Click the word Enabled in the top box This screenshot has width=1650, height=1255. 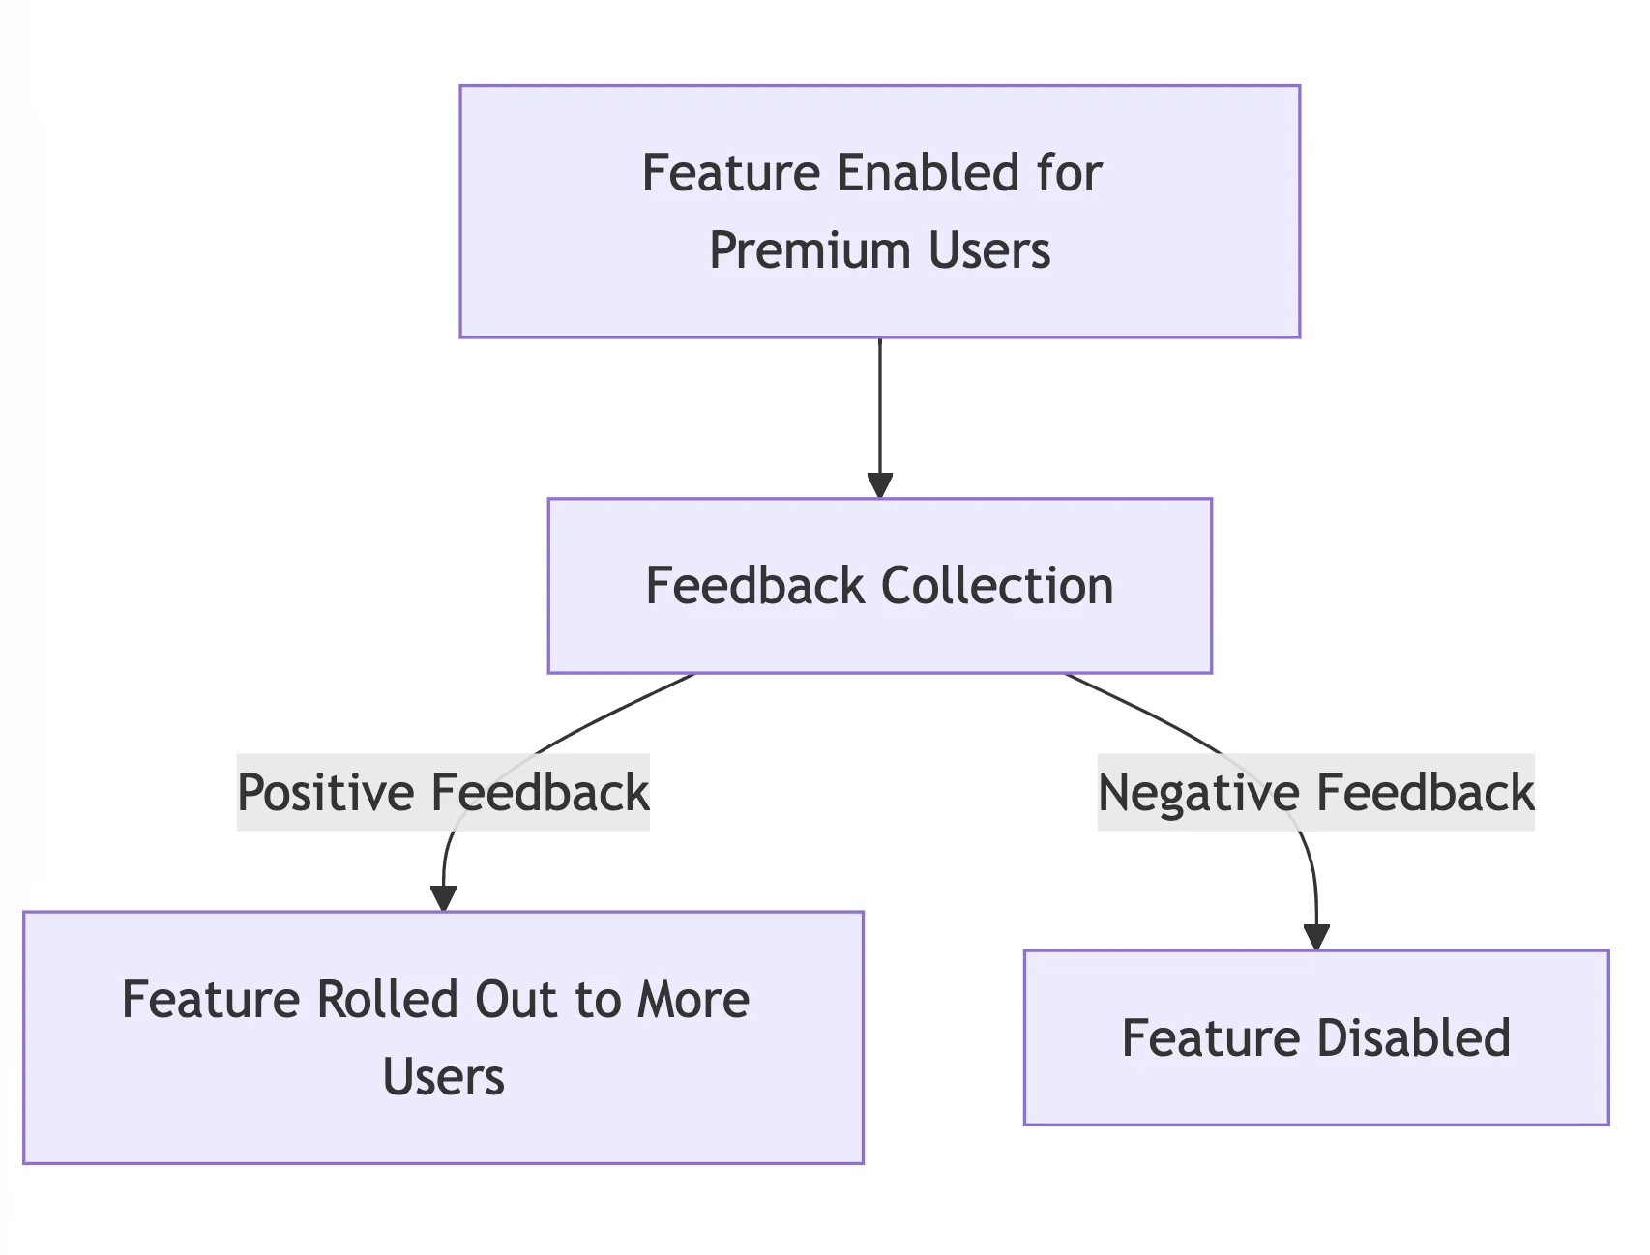coord(928,174)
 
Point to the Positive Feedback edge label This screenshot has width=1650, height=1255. coord(443,793)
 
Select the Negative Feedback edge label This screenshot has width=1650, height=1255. coord(1315,793)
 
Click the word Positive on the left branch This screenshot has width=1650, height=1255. coord(326,793)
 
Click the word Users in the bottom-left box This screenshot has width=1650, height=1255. coord(443,1077)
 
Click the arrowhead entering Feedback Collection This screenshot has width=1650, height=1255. coord(879,485)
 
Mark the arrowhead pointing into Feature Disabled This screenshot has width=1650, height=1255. coord(1316,937)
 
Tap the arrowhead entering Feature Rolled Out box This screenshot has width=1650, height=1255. coord(443,898)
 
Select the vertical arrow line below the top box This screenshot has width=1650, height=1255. coord(879,406)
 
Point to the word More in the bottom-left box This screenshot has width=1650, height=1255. coord(692,1000)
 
